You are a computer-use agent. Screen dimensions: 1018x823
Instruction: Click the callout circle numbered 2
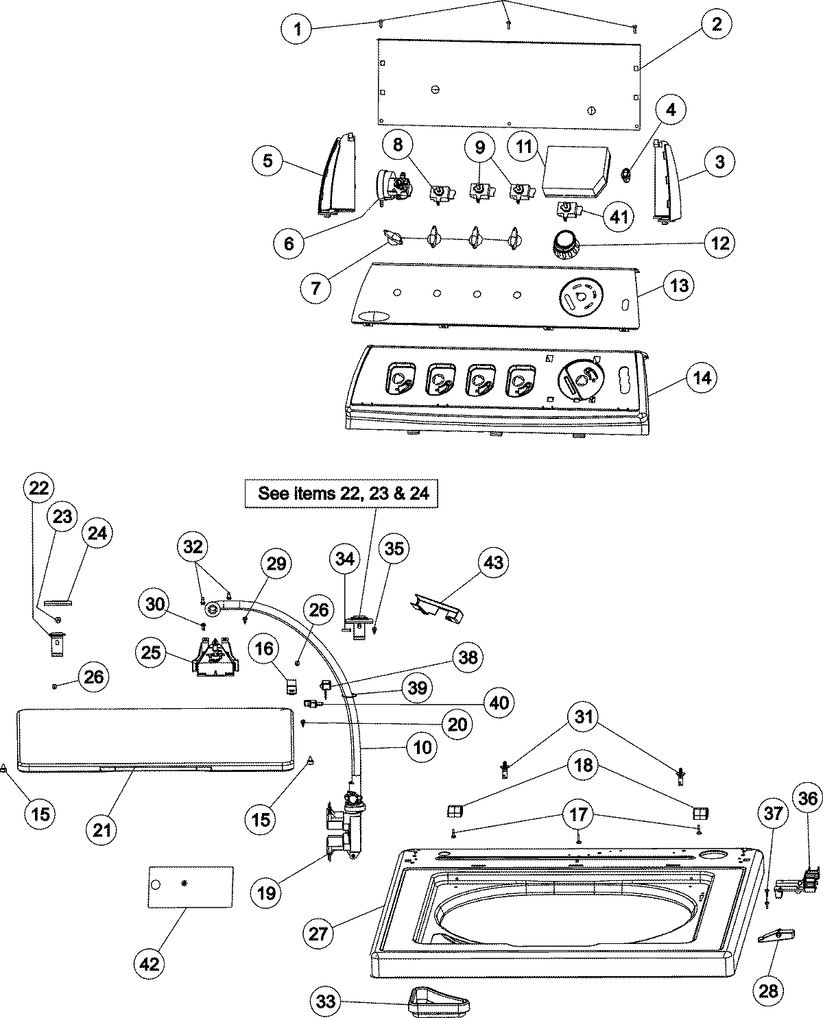(716, 25)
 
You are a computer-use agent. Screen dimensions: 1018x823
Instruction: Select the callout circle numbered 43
(493, 563)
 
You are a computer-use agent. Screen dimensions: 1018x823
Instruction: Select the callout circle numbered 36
(808, 797)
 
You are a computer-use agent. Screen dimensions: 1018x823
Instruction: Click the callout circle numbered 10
(422, 747)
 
